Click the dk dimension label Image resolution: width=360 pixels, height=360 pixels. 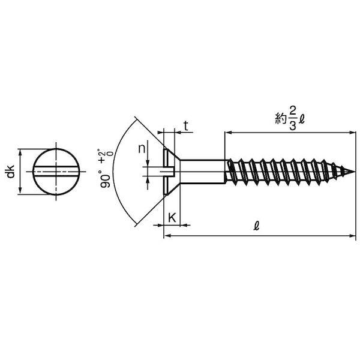11,171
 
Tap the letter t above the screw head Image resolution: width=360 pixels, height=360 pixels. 186,126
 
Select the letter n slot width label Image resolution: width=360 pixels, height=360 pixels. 142,149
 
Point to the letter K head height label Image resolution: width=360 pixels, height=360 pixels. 172,218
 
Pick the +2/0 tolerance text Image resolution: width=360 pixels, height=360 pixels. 106,156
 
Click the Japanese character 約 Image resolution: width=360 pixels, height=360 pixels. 281,119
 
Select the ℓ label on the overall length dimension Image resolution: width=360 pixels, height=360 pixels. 256,226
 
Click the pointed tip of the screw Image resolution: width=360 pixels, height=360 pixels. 355,171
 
